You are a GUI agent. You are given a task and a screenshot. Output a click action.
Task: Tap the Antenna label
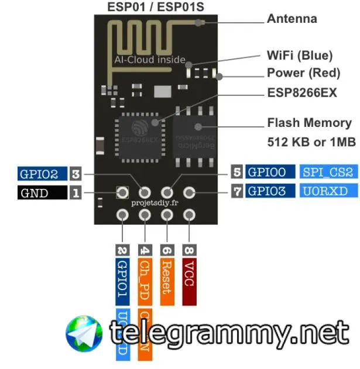(x=292, y=19)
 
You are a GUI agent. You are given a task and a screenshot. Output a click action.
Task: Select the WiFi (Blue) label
(x=300, y=56)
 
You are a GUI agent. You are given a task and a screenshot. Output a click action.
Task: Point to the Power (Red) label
(x=303, y=73)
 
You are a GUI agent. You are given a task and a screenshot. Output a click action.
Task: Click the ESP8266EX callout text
(x=302, y=93)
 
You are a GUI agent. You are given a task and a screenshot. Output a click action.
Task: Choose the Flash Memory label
(x=309, y=123)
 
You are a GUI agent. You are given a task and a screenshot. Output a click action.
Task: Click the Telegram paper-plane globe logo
(x=84, y=334)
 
